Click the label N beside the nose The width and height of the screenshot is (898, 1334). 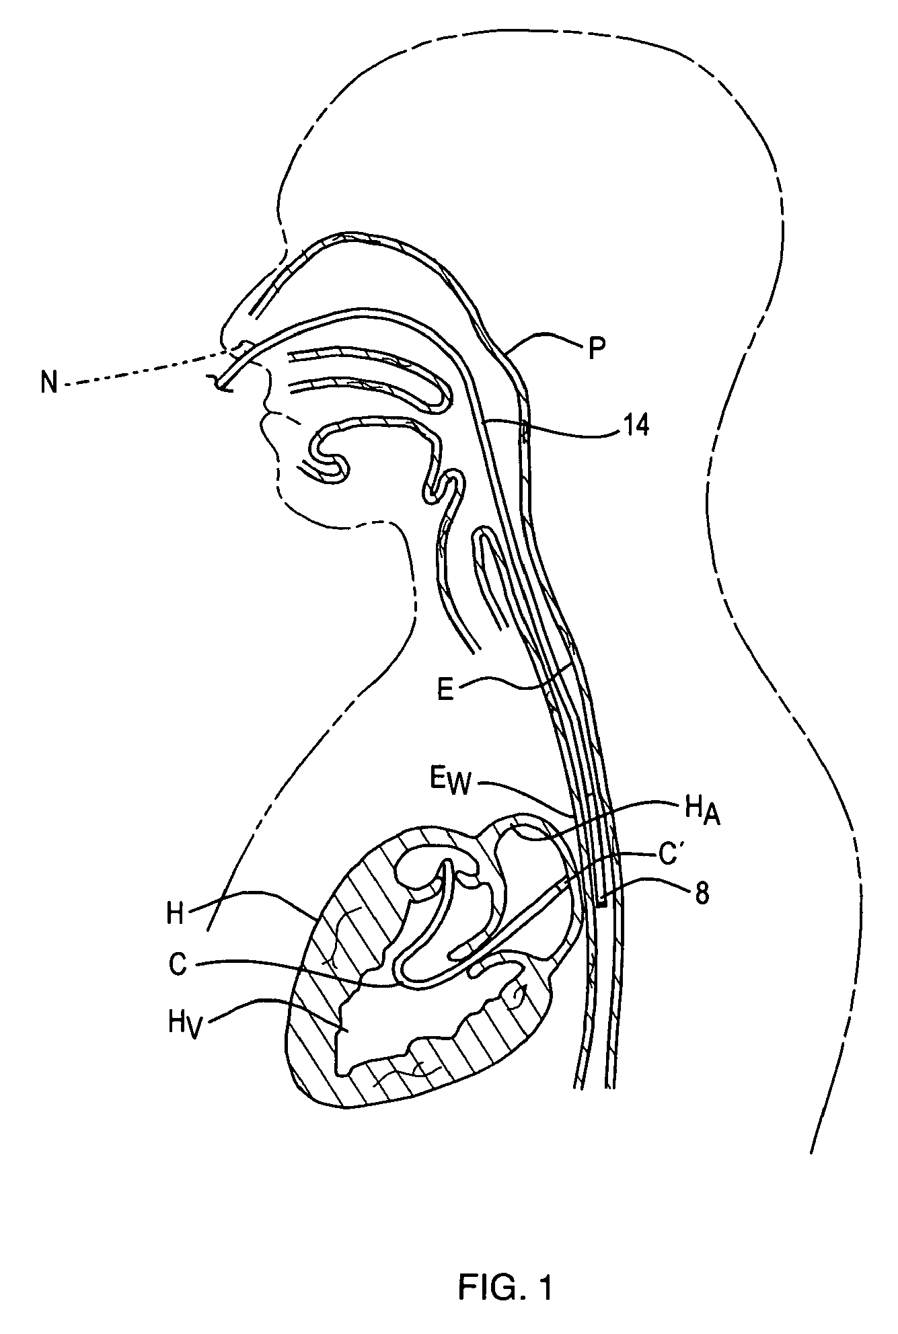(49, 384)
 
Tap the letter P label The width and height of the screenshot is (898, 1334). (595, 348)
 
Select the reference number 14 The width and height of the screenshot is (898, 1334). (635, 426)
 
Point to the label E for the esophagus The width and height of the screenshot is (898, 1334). (446, 691)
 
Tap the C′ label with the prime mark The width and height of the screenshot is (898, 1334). (673, 859)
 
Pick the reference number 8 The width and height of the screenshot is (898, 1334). (702, 896)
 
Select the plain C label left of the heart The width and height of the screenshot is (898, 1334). (178, 966)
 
